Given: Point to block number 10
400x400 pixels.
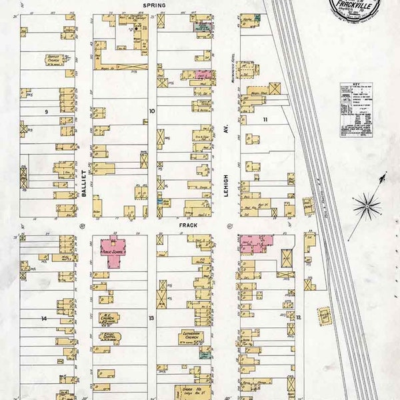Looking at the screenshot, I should point(151,111).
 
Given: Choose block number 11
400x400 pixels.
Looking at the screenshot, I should point(265,119).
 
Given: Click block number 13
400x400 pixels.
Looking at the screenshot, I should point(151,318).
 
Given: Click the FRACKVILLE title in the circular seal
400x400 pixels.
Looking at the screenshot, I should point(353,10).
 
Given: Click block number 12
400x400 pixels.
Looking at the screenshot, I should point(299,317).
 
